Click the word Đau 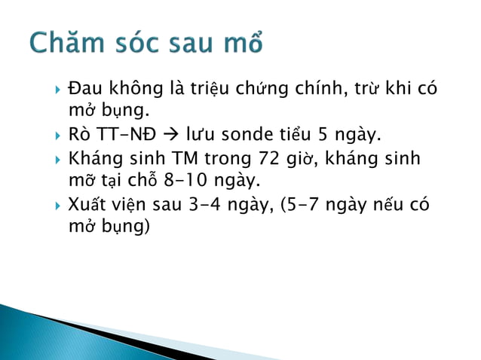pyautogui.click(x=84, y=89)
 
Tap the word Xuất pyautogui.click(x=87, y=206)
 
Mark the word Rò pyautogui.click(x=80, y=136)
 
